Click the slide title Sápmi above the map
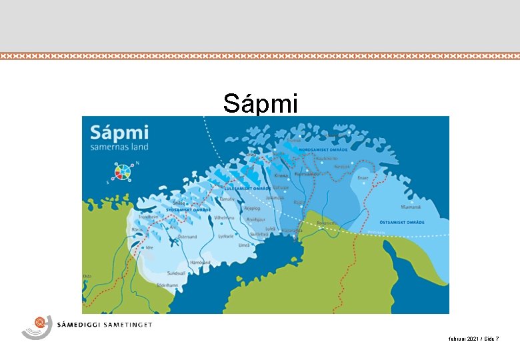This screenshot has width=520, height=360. pyautogui.click(x=261, y=103)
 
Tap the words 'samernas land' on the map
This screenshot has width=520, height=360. pyautogui.click(x=119, y=146)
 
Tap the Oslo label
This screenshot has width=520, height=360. pyautogui.click(x=87, y=276)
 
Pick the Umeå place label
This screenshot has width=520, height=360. pyautogui.click(x=245, y=245)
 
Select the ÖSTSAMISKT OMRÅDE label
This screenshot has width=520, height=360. pyautogui.click(x=421, y=222)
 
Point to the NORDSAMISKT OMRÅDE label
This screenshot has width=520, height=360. pyautogui.click(x=317, y=149)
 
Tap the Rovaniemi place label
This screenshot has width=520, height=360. pyautogui.click(x=328, y=223)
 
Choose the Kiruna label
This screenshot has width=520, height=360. pyautogui.click(x=281, y=175)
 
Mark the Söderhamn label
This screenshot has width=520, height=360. pyautogui.click(x=166, y=285)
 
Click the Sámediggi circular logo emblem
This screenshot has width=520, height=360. pyautogui.click(x=38, y=326)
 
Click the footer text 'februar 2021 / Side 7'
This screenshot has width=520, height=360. pyautogui.click(x=474, y=339)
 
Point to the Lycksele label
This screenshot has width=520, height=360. pyautogui.click(x=226, y=235)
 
